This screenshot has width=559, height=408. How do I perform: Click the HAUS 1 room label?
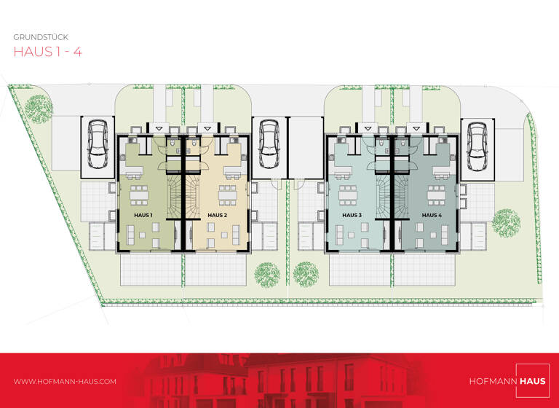[x=143, y=216]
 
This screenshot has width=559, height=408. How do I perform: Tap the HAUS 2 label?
[x=218, y=216]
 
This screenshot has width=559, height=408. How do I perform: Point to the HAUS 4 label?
[x=431, y=216]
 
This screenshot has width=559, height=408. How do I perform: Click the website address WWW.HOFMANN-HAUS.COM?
[x=65, y=381]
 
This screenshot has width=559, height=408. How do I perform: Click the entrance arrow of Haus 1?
[x=159, y=128]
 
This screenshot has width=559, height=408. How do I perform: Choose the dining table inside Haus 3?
[x=348, y=195]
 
